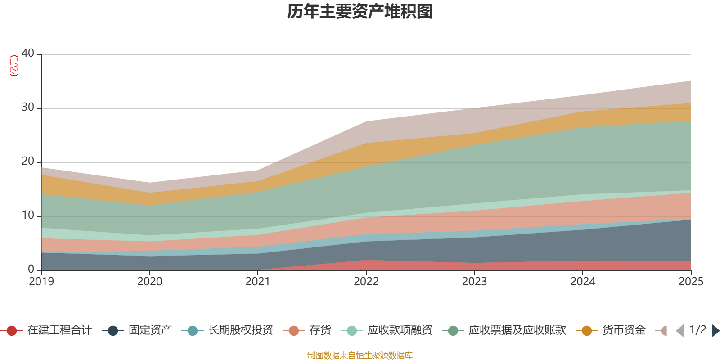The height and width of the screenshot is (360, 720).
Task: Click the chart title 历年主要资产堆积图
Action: click(x=360, y=12)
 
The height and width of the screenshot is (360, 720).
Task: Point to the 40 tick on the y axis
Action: click(x=28, y=54)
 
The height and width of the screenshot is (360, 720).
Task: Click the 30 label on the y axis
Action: click(x=28, y=108)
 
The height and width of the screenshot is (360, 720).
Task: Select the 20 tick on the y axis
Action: click(x=28, y=162)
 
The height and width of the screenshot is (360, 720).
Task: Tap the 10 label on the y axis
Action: click(x=28, y=216)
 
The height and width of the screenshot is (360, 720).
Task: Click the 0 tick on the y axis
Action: click(x=31, y=270)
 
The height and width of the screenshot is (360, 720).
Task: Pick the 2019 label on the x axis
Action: click(x=41, y=282)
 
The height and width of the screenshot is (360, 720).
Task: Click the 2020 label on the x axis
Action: click(x=150, y=282)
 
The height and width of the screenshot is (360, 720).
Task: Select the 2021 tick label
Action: click(x=258, y=282)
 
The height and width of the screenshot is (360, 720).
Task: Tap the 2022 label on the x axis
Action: click(x=366, y=282)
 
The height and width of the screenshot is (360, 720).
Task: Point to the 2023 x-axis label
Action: click(x=474, y=282)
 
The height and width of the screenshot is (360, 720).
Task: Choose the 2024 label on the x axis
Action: click(x=583, y=282)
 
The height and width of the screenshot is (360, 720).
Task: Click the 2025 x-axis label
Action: click(x=691, y=282)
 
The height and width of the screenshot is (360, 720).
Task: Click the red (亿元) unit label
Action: click(x=14, y=66)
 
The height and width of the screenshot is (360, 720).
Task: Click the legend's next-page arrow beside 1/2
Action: click(x=715, y=331)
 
